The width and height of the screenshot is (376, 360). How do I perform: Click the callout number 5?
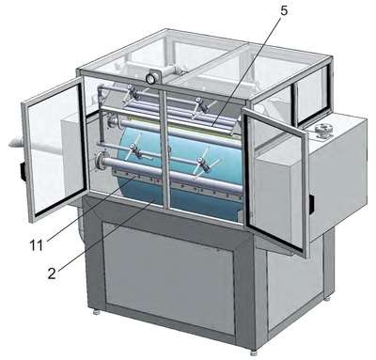tap(283, 10)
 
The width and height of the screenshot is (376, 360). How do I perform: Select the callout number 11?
tap(36, 245)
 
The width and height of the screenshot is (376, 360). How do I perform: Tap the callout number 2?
tap(52, 274)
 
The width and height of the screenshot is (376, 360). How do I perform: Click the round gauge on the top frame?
tap(150, 78)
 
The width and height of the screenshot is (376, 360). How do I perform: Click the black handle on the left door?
tap(23, 171)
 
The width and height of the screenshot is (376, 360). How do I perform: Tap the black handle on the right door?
tap(312, 204)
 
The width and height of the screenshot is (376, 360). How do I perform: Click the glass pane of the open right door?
tap(274, 179)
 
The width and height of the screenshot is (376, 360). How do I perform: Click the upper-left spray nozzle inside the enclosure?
tap(133, 91)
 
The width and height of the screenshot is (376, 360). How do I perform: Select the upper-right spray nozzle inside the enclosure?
tap(201, 105)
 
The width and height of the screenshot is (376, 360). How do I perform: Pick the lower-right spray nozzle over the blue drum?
tap(204, 164)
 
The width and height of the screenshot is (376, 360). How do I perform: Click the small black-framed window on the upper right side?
tap(311, 95)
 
